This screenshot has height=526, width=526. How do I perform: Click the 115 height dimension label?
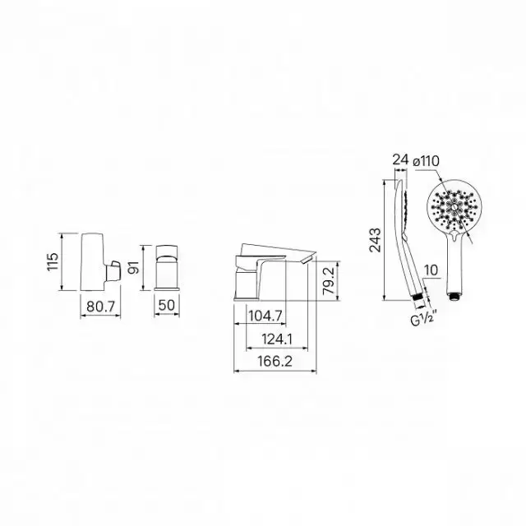pyautogui.click(x=53, y=261)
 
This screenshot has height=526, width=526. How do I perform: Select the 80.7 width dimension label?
pyautogui.click(x=100, y=307)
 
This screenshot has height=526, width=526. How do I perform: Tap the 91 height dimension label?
pyautogui.click(x=134, y=267)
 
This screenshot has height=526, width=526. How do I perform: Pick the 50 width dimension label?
pyautogui.click(x=167, y=305)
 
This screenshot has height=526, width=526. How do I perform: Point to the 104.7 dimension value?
pyautogui.click(x=265, y=316)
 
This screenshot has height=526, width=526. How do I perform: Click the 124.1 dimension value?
pyautogui.click(x=277, y=339)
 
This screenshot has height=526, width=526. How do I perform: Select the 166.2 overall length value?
pyautogui.click(x=275, y=362)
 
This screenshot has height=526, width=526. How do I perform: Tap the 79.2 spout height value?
pyautogui.click(x=329, y=280)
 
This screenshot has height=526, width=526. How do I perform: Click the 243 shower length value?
pyautogui.click(x=375, y=240)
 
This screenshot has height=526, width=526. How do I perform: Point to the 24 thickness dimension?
pyautogui.click(x=401, y=160)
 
